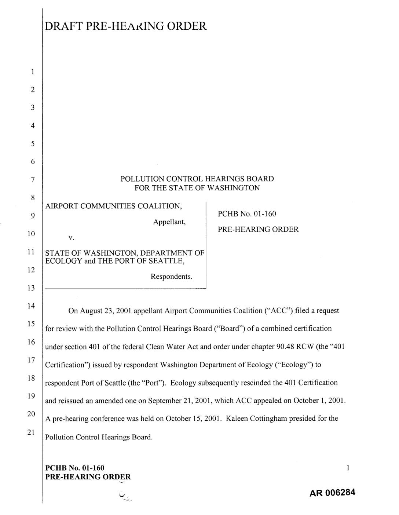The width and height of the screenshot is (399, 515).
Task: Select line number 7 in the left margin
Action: (x=33, y=180)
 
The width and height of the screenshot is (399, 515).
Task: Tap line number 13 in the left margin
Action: (x=32, y=288)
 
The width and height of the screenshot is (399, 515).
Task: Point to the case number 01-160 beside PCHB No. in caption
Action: (x=265, y=214)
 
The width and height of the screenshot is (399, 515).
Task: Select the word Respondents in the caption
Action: (x=171, y=277)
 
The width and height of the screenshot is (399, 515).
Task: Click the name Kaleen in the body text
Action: (x=237, y=419)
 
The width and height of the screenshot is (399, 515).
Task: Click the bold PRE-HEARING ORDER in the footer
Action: (x=88, y=477)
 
